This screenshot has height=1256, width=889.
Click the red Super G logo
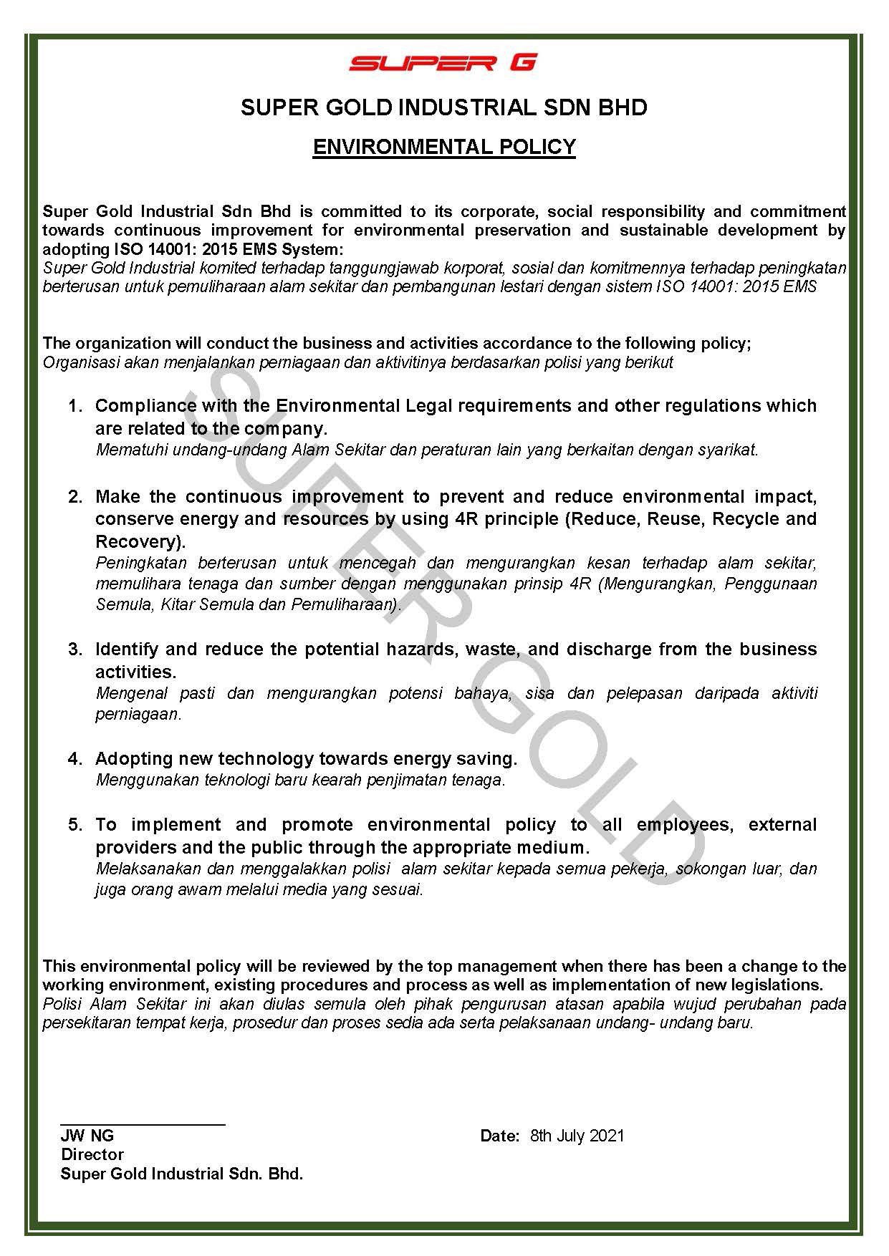point(443,63)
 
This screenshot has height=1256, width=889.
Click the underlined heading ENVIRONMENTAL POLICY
point(444,147)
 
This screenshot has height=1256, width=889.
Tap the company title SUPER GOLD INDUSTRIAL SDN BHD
point(444,108)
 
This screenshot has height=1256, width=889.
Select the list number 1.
point(75,406)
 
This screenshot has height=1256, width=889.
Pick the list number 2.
point(75,497)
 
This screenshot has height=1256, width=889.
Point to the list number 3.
point(75,649)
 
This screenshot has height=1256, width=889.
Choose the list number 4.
point(75,759)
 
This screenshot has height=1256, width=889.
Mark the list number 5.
point(75,825)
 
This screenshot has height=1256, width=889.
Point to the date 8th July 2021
point(577,1136)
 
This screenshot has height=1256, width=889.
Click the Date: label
point(499,1136)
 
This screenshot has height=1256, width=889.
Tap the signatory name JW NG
point(87,1136)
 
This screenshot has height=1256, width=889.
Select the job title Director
point(92,1154)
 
